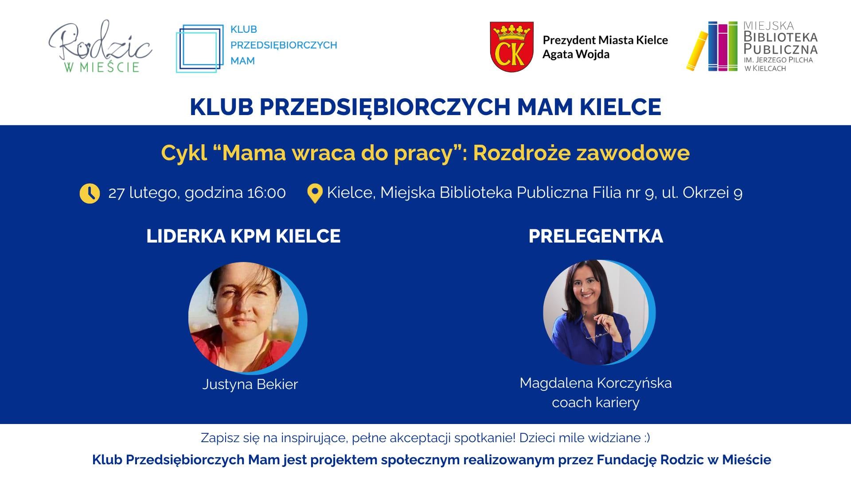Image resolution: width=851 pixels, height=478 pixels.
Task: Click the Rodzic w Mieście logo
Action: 100,46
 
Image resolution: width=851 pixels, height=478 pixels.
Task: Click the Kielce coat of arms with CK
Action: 511,47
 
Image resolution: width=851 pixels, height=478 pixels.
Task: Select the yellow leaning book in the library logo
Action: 697,51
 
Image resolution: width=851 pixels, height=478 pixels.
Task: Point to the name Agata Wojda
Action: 576,54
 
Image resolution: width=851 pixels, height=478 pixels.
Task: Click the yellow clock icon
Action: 90,193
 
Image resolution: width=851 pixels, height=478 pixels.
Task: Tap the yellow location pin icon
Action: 315,193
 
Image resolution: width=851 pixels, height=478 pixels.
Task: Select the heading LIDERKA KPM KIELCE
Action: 243,236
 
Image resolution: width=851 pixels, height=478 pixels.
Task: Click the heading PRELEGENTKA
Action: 596,236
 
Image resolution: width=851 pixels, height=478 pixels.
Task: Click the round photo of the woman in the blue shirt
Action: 599,312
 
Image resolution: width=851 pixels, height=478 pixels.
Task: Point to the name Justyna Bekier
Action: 250,384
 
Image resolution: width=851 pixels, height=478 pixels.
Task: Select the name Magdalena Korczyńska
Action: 596,383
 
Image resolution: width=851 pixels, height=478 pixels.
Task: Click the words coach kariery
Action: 596,403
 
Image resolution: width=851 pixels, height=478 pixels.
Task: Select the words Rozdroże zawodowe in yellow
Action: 582,153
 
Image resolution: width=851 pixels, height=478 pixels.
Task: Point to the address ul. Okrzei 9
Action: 702,193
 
